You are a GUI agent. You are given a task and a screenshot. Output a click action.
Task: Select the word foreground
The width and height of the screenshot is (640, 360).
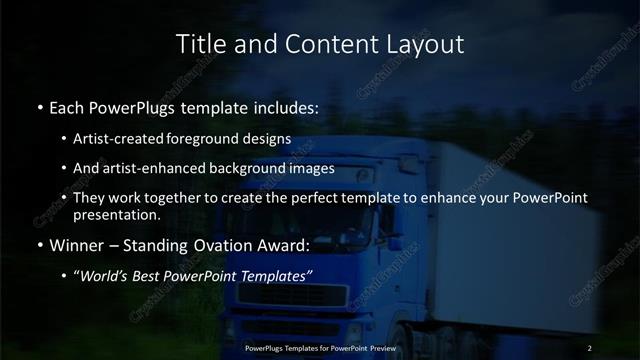[x=211, y=139]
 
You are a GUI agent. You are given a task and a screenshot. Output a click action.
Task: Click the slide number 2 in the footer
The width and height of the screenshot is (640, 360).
[x=590, y=347]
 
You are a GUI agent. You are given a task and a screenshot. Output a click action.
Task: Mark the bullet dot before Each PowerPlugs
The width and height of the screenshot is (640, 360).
[x=39, y=106]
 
